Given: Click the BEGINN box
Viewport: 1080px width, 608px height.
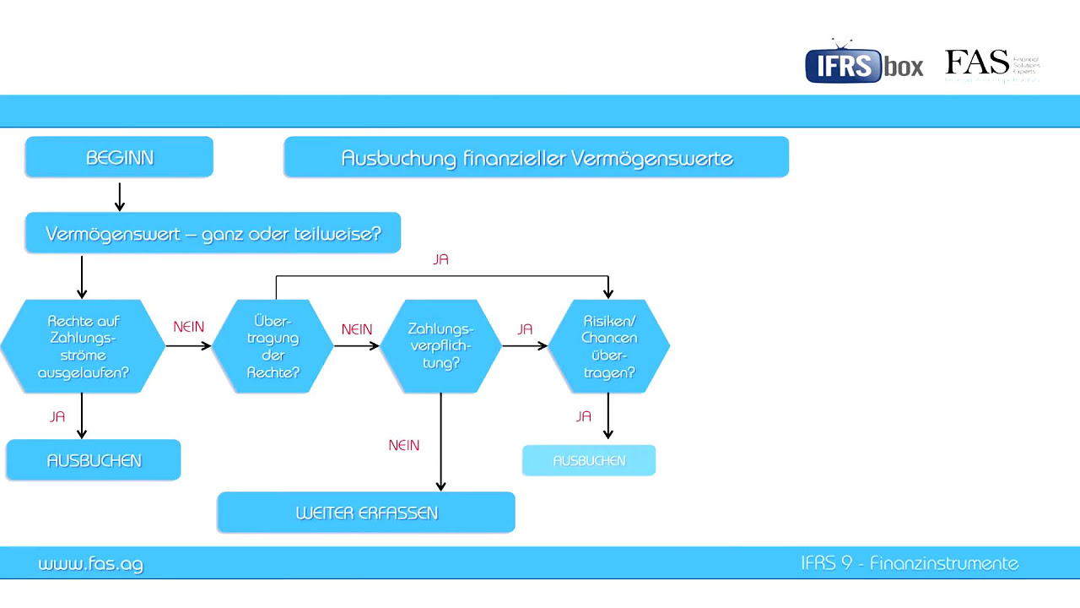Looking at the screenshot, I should [x=119, y=158].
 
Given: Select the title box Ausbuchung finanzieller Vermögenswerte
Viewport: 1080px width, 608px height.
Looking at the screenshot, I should [x=537, y=158].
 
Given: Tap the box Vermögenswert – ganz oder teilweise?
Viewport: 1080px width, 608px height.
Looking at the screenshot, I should [x=213, y=234].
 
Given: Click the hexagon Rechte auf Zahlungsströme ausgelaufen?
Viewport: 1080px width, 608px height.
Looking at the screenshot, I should [x=83, y=346].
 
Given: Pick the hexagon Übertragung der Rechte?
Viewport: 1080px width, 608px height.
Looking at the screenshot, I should [x=273, y=346].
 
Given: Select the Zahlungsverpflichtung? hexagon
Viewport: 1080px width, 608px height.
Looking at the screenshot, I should [x=440, y=346].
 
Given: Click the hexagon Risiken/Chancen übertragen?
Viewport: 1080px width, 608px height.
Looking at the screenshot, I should [x=609, y=346].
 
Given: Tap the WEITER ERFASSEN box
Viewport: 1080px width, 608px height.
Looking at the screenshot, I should [x=366, y=513].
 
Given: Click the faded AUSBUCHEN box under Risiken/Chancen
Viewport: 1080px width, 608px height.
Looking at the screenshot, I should [x=589, y=461].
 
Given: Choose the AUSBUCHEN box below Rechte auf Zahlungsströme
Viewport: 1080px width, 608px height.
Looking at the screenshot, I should [x=94, y=461].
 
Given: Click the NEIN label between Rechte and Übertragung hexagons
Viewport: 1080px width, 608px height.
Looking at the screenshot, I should [x=188, y=327].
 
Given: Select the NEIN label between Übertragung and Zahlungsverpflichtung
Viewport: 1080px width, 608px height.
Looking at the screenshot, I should [x=357, y=329].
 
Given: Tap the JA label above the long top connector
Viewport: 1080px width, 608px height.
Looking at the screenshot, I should [x=440, y=260].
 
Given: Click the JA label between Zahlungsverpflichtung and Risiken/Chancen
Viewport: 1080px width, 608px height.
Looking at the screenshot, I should [x=525, y=329].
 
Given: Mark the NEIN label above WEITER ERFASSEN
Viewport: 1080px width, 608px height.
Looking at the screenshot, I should [x=404, y=445].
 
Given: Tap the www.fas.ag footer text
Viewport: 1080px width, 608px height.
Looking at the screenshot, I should [x=90, y=564].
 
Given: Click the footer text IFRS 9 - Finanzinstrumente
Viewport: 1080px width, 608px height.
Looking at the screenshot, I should [x=910, y=563].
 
